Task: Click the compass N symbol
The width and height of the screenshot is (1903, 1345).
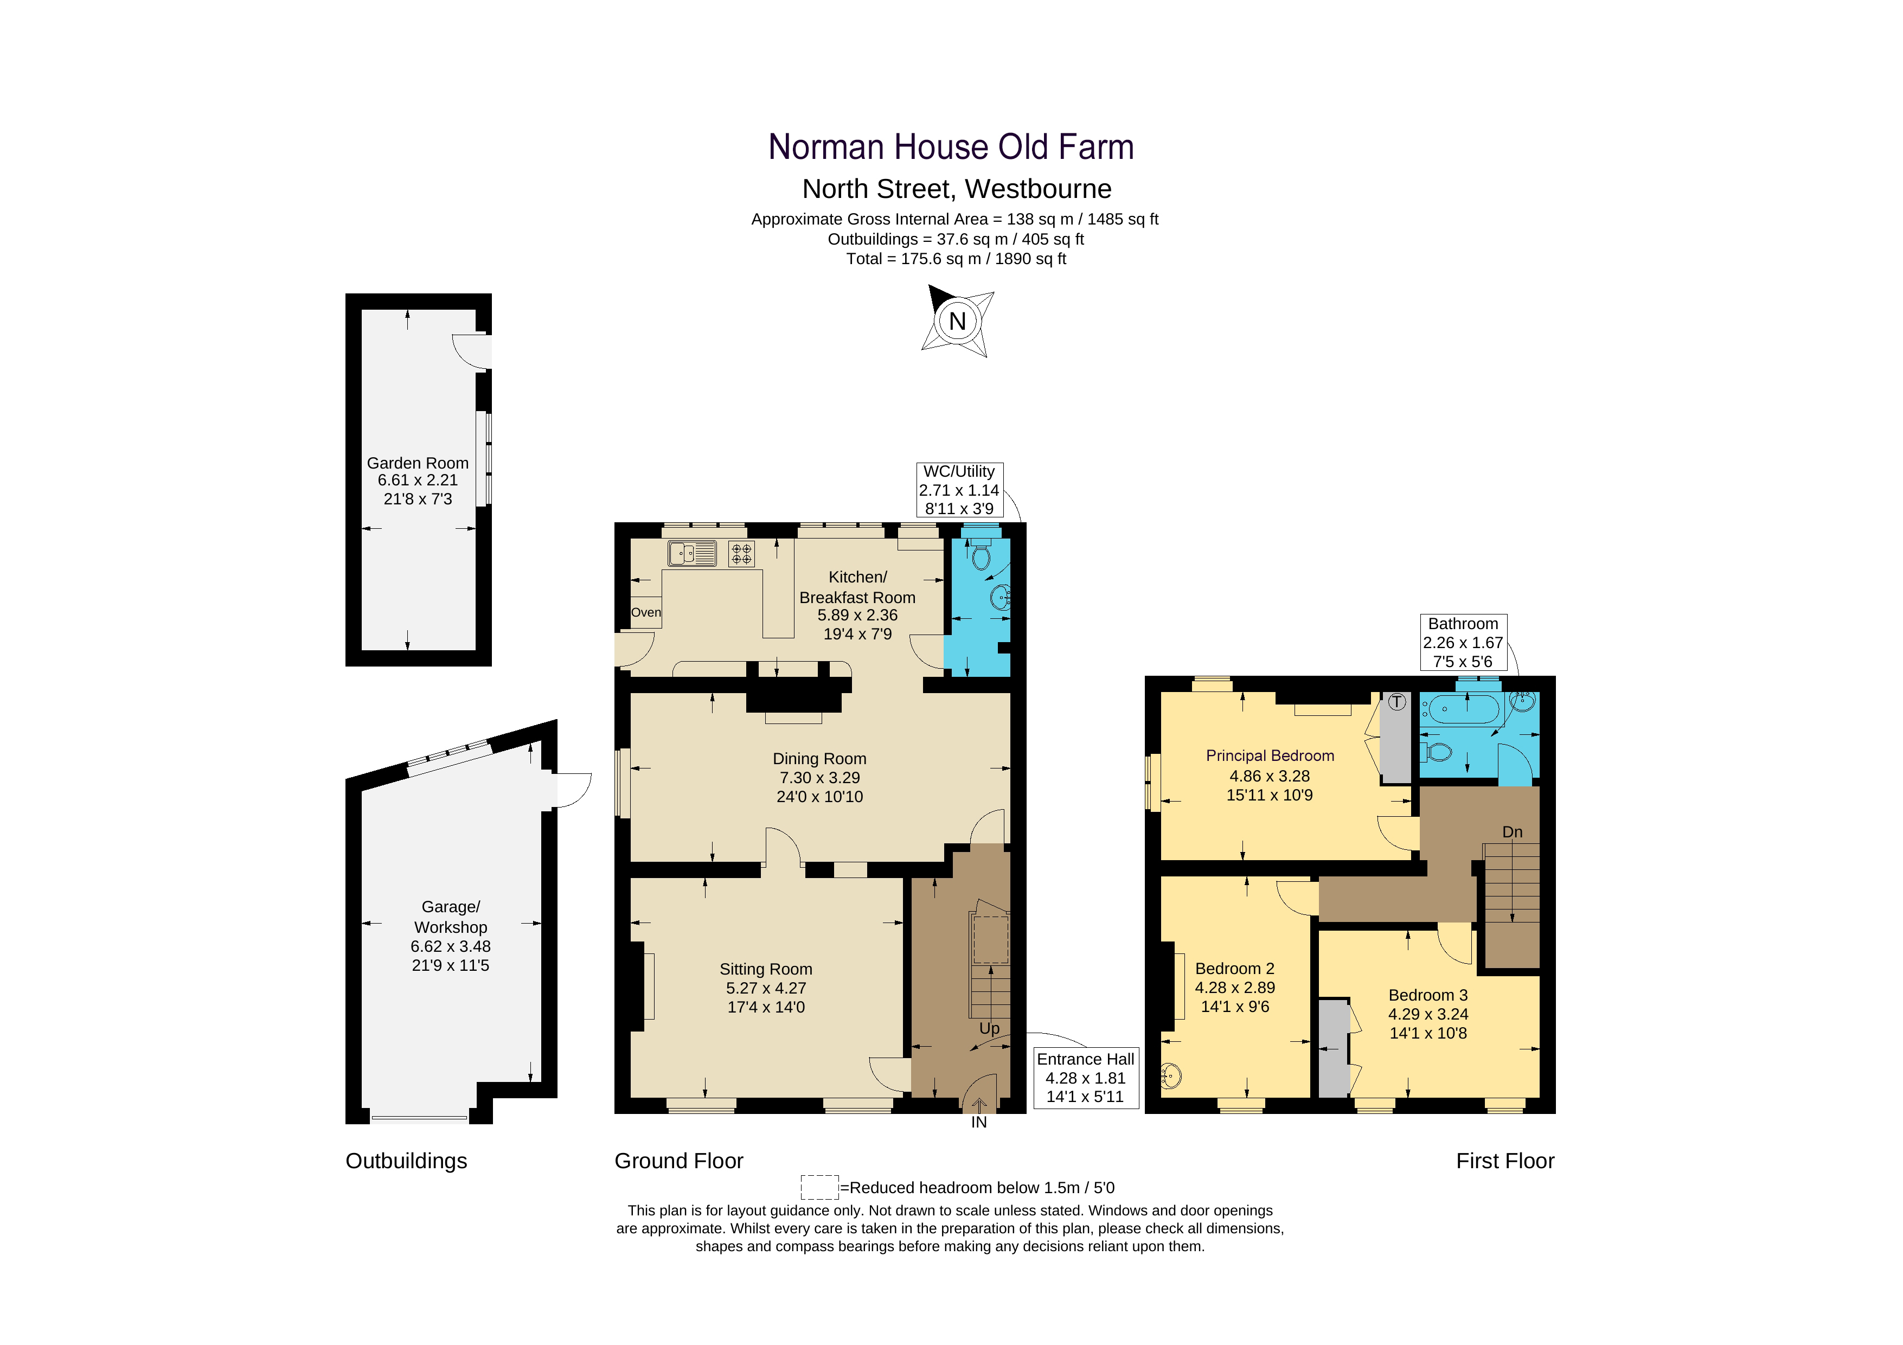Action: [957, 322]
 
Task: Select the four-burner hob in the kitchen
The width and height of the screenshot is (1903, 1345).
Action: [741, 554]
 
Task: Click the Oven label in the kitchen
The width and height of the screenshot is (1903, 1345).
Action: [646, 612]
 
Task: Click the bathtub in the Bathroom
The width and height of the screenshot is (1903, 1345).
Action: [1460, 709]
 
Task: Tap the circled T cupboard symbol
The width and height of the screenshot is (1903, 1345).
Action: [1398, 702]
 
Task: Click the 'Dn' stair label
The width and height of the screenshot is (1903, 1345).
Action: [1512, 832]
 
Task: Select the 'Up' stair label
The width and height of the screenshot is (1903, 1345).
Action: [989, 1028]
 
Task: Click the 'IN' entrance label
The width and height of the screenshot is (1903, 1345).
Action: [979, 1122]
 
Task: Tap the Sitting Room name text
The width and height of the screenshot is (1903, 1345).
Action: [765, 969]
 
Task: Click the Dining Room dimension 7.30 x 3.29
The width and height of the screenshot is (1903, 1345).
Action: [819, 777]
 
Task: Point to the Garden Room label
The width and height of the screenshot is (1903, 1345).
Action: [417, 463]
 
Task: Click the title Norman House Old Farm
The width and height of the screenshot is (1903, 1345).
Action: [951, 148]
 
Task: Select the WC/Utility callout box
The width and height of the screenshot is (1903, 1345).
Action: [959, 490]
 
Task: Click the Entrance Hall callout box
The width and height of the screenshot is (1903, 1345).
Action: [1085, 1077]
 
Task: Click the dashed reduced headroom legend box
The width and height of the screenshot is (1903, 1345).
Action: [819, 1187]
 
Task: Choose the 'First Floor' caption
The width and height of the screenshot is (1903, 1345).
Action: [1504, 1160]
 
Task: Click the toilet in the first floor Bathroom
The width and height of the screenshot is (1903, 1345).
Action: [1438, 752]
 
